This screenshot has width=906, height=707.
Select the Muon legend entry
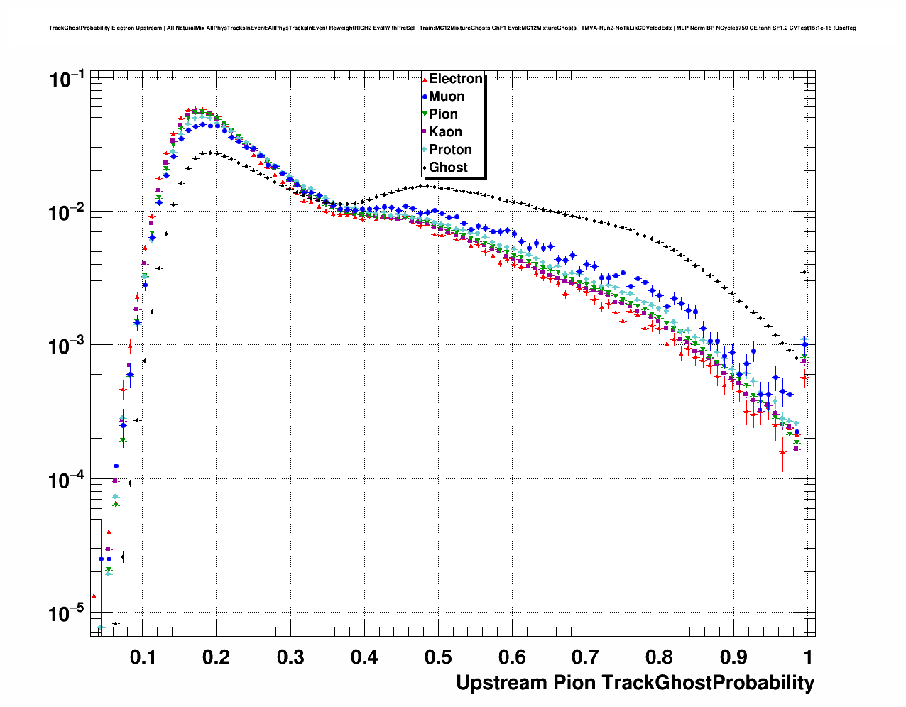pyautogui.click(x=446, y=97)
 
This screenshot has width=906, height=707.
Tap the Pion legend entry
pyautogui.click(x=443, y=114)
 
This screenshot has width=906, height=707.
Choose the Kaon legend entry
pyautogui.click(x=445, y=132)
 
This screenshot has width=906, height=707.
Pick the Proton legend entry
pyautogui.click(x=449, y=150)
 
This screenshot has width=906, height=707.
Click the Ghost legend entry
pyautogui.click(x=448, y=168)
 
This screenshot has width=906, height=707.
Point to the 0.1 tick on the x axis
pyautogui.click(x=143, y=657)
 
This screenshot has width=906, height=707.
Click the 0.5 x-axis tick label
pyautogui.click(x=438, y=657)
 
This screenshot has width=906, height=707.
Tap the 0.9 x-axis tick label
pyautogui.click(x=733, y=657)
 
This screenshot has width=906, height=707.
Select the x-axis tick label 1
pyautogui.click(x=807, y=657)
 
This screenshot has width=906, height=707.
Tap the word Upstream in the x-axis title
pyautogui.click(x=501, y=683)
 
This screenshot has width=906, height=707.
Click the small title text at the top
pyautogui.click(x=452, y=28)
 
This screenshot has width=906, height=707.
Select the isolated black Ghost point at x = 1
pyautogui.click(x=804, y=272)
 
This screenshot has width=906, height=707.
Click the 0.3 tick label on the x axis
pyautogui.click(x=290, y=657)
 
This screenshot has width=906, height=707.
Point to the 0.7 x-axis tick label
pyautogui.click(x=586, y=657)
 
